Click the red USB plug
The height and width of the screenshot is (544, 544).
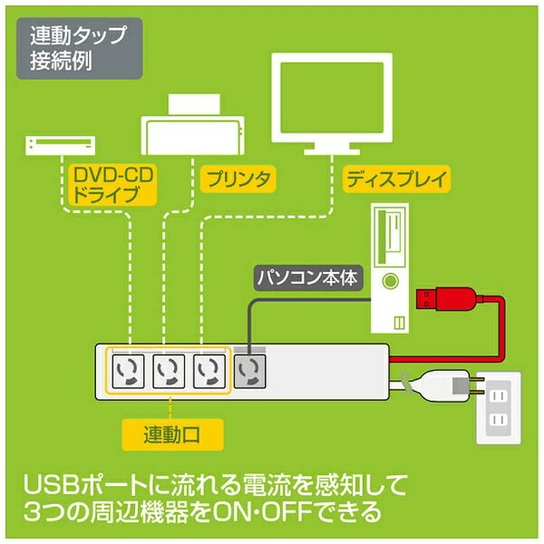pyautogui.click(x=446, y=299)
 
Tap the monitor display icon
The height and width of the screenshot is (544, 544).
pyautogui.click(x=332, y=103)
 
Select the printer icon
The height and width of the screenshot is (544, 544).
pyautogui.click(x=192, y=124)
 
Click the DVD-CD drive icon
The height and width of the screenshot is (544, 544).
pyautogui.click(x=61, y=145)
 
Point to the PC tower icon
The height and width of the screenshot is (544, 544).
pyautogui.click(x=390, y=268)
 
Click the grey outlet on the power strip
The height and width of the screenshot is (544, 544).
pyautogui.click(x=250, y=371)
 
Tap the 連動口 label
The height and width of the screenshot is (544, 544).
pyautogui.click(x=172, y=434)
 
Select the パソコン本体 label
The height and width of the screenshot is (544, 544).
pyautogui.click(x=308, y=278)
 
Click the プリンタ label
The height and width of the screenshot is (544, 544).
pyautogui.click(x=238, y=179)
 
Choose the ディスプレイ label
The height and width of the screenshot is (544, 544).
pyautogui.click(x=396, y=179)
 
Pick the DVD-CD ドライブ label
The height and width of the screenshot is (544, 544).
pyautogui.click(x=113, y=185)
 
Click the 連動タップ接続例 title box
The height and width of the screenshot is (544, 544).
pyautogui.click(x=80, y=48)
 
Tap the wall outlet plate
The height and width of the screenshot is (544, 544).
pyautogui.click(x=499, y=408)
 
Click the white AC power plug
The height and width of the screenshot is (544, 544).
pyautogui.click(x=448, y=386)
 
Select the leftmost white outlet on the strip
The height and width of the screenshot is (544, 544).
pyautogui.click(x=128, y=371)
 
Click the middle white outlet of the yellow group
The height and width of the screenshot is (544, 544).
pyautogui.click(x=169, y=371)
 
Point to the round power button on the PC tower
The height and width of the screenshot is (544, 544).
pyautogui.click(x=390, y=281)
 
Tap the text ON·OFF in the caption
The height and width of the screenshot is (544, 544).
pyautogui.click(x=262, y=511)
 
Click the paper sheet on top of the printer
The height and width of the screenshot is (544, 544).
pyautogui.click(x=194, y=103)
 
